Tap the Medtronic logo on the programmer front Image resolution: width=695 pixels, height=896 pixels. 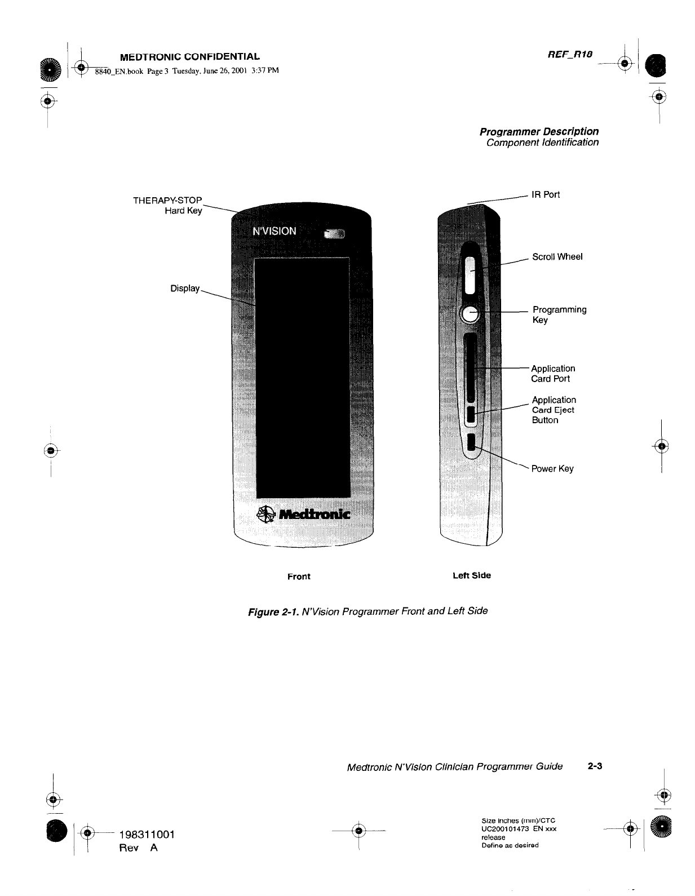point(303,514)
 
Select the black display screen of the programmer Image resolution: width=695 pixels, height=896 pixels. point(303,378)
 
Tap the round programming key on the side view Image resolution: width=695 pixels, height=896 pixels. point(470,313)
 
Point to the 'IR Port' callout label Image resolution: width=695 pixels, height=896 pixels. point(546,195)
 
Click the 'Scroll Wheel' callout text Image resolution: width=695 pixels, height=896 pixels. point(557,257)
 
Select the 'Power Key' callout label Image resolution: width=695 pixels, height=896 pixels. point(552,469)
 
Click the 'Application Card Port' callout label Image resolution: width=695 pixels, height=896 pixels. point(552,374)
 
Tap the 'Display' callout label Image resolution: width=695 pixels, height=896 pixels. point(185,289)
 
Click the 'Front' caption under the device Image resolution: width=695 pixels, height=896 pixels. point(299,576)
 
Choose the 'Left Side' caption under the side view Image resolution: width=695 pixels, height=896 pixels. point(472,575)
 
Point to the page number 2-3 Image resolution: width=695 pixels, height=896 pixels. point(595,766)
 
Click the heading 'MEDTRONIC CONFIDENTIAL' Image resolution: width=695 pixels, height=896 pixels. point(190,56)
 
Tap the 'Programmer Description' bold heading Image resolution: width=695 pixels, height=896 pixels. point(539,131)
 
